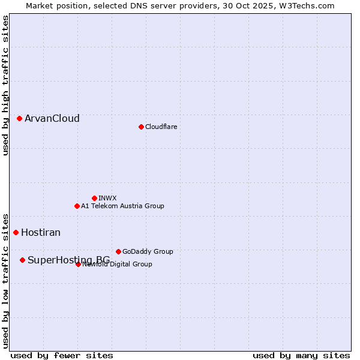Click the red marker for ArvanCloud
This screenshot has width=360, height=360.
click(x=19, y=118)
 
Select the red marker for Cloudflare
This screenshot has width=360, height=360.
click(x=141, y=127)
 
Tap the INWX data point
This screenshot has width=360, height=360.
click(x=94, y=198)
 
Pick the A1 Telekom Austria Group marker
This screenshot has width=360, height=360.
click(x=77, y=206)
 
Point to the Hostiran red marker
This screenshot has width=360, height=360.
click(x=16, y=232)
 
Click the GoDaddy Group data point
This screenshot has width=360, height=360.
click(x=118, y=251)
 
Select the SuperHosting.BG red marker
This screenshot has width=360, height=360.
click(x=22, y=260)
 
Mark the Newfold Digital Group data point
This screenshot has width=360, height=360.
click(x=78, y=264)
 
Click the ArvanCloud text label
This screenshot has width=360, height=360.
click(x=52, y=118)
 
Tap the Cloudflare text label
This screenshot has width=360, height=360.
click(x=161, y=127)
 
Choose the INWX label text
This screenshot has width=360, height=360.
click(x=107, y=198)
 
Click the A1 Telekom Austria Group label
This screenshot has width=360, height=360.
click(x=122, y=206)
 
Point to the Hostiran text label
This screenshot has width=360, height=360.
click(x=41, y=232)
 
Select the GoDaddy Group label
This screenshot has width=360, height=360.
click(x=148, y=251)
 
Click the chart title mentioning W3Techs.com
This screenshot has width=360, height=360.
click(x=180, y=5)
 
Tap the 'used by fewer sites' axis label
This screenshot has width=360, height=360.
click(x=62, y=355)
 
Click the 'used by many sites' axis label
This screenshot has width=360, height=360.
click(x=301, y=355)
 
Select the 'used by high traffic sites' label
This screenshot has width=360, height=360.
click(x=5, y=85)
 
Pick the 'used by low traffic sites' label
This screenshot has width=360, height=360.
click(x=5, y=281)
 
